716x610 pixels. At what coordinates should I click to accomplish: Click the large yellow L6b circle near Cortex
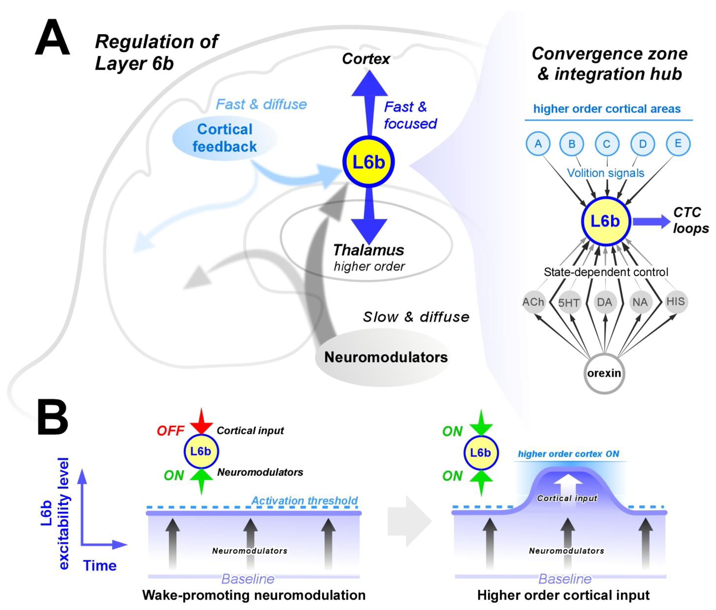pos(368,162)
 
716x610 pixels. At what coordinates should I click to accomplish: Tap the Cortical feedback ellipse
pos(225,138)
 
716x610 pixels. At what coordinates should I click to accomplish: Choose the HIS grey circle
pos(676,302)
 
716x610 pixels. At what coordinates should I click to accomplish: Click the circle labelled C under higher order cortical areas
pos(607,144)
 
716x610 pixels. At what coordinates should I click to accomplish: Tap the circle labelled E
pos(678,143)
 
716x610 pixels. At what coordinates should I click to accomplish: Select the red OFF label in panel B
pos(170,431)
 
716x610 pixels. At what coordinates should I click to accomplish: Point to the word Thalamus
pos(368,250)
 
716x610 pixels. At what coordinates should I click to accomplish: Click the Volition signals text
pos(605,173)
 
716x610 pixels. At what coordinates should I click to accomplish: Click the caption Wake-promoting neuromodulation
pos(254,595)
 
